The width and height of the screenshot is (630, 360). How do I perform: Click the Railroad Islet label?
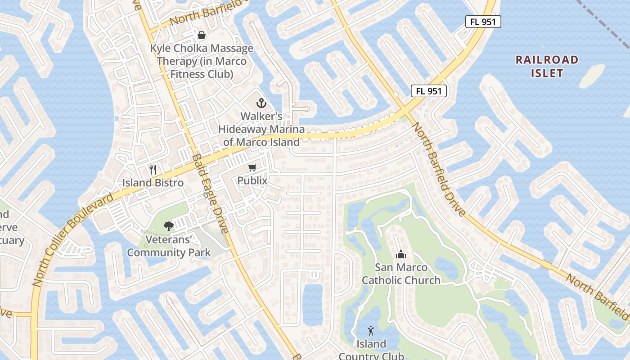[x=547, y=66]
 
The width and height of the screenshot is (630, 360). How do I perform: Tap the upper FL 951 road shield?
[x=483, y=22]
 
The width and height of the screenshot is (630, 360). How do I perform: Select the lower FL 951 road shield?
[x=428, y=91]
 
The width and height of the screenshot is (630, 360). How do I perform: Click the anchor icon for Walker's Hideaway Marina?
[x=261, y=103]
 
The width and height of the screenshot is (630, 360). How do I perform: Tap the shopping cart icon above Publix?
[x=252, y=168]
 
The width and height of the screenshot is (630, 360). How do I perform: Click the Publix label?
[x=252, y=181]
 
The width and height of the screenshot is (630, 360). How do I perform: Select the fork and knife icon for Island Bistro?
[x=153, y=170]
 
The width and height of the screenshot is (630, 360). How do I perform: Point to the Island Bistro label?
[x=153, y=183]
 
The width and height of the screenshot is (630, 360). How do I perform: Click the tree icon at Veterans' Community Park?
[x=169, y=226]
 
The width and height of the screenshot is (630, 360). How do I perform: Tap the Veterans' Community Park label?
[x=169, y=246]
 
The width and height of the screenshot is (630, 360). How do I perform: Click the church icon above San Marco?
[x=401, y=255]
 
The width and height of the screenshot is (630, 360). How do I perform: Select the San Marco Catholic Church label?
[x=401, y=274]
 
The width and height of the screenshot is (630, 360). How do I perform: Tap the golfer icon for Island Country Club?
[x=371, y=331]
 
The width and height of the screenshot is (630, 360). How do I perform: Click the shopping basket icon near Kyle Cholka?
[x=201, y=35]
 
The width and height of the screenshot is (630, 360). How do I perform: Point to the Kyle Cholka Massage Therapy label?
[x=201, y=61]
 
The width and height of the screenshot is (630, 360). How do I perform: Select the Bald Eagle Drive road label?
[x=211, y=193]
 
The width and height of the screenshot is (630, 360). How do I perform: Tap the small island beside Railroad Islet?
[x=592, y=76]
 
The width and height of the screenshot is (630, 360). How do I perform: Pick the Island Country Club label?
[x=371, y=350]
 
